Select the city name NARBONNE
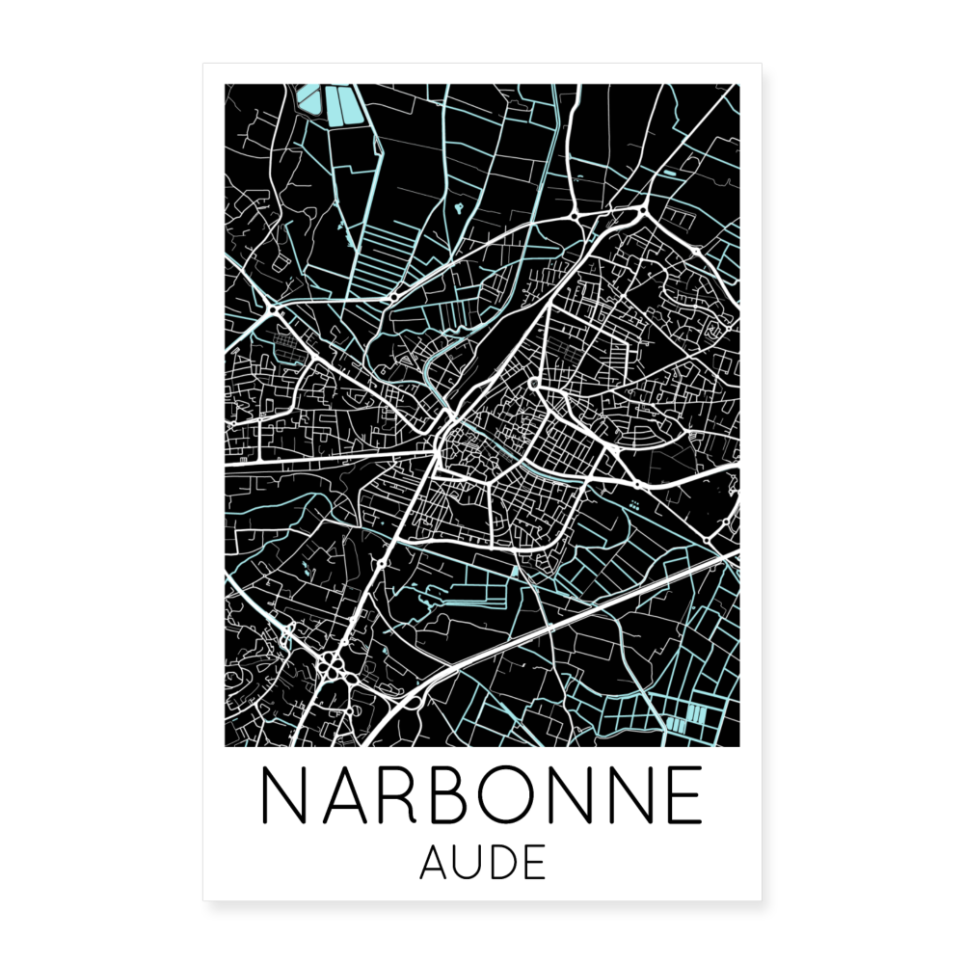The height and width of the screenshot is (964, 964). [x=482, y=797]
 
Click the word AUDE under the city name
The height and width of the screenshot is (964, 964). [x=483, y=863]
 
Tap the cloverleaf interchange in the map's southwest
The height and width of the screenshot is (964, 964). [x=331, y=664]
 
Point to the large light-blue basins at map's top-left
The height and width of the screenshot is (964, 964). [x=334, y=104]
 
